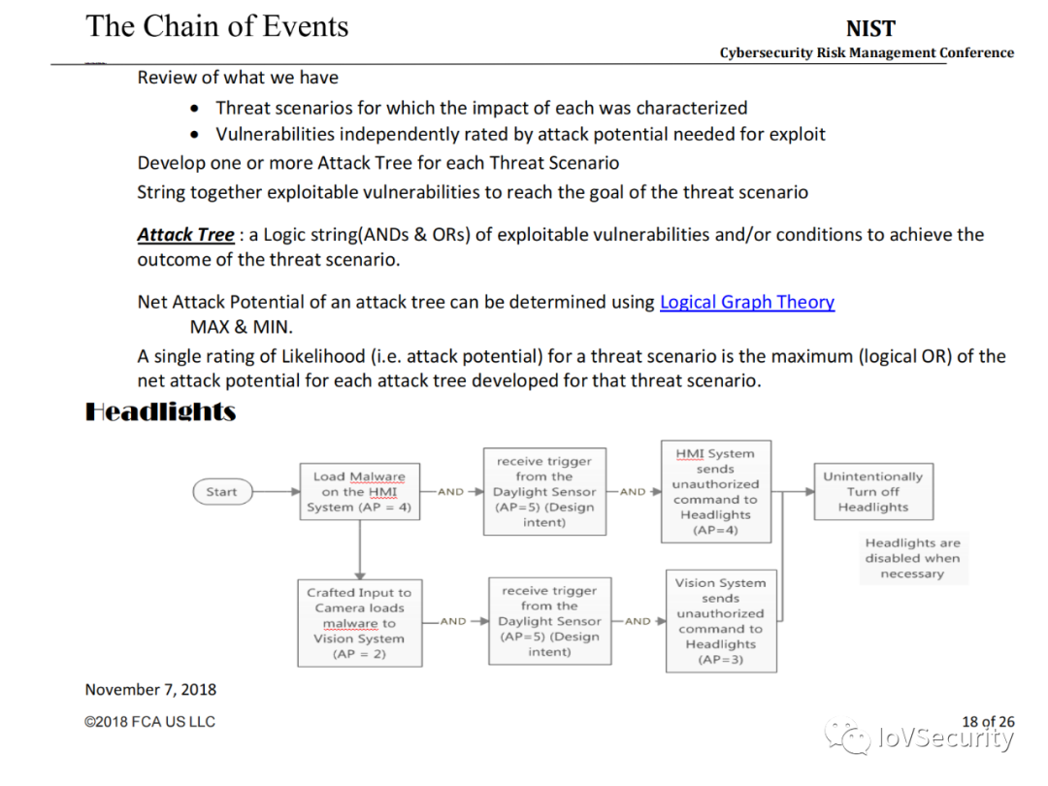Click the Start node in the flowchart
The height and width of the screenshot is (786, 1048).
click(x=221, y=492)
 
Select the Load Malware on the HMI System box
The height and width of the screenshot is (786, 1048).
click(x=359, y=492)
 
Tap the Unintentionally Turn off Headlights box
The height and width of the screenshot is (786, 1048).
click(x=872, y=492)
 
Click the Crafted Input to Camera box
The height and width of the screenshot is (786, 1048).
click(x=359, y=623)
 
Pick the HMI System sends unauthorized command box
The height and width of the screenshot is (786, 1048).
click(x=715, y=492)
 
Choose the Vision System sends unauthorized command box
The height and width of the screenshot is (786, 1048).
click(x=721, y=621)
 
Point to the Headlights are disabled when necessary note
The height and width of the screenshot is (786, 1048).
click(x=912, y=559)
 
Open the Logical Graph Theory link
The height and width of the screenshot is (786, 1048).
click(x=747, y=302)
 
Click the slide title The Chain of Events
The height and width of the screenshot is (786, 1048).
click(x=217, y=26)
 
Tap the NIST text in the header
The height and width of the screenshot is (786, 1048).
click(x=870, y=29)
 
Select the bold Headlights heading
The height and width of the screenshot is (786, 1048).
click(x=161, y=411)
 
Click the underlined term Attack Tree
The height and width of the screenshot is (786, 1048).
click(x=185, y=235)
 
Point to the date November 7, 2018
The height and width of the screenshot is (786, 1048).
click(x=150, y=690)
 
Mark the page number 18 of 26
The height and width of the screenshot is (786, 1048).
click(x=988, y=721)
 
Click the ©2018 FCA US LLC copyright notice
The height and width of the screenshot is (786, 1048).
click(x=150, y=722)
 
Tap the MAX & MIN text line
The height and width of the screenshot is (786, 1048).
click(x=242, y=326)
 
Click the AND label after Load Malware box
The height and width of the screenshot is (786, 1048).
click(x=450, y=492)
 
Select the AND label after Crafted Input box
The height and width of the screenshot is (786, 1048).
click(x=453, y=621)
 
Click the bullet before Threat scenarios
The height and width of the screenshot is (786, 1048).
click(x=197, y=109)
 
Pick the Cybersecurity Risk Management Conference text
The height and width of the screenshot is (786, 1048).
click(x=867, y=53)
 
